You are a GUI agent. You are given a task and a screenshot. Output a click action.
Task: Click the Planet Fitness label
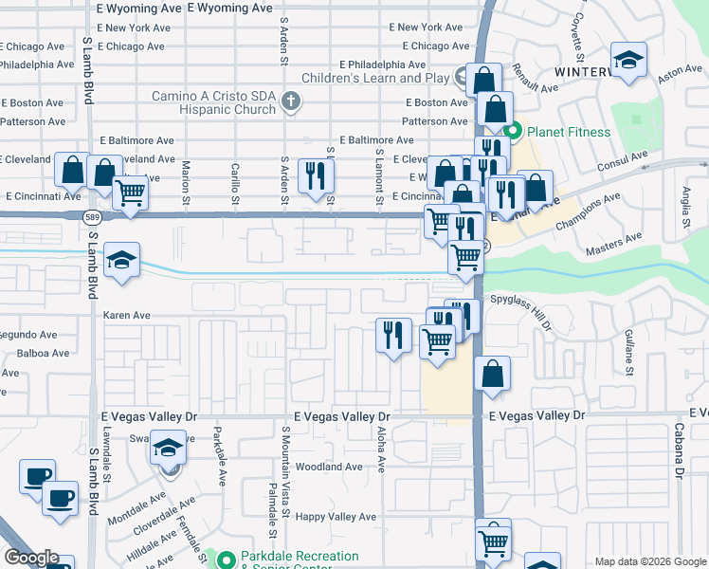(x=569, y=132)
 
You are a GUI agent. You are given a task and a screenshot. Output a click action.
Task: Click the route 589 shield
(x=91, y=217)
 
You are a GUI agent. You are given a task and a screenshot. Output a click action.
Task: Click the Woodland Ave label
(x=329, y=467)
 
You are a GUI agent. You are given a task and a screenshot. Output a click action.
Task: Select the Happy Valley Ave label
(x=336, y=517)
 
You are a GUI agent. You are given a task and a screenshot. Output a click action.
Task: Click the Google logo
(x=32, y=558)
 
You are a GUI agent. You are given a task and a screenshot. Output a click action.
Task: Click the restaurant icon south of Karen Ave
(x=393, y=335)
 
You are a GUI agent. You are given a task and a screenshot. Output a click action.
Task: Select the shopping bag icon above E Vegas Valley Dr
(x=492, y=374)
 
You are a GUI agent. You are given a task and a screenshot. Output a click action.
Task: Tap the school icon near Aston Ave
(x=628, y=60)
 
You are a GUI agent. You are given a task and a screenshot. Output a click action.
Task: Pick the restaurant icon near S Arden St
(x=316, y=175)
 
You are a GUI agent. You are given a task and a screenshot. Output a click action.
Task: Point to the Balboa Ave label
(x=43, y=354)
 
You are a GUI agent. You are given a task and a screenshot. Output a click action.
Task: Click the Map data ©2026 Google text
(x=649, y=561)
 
